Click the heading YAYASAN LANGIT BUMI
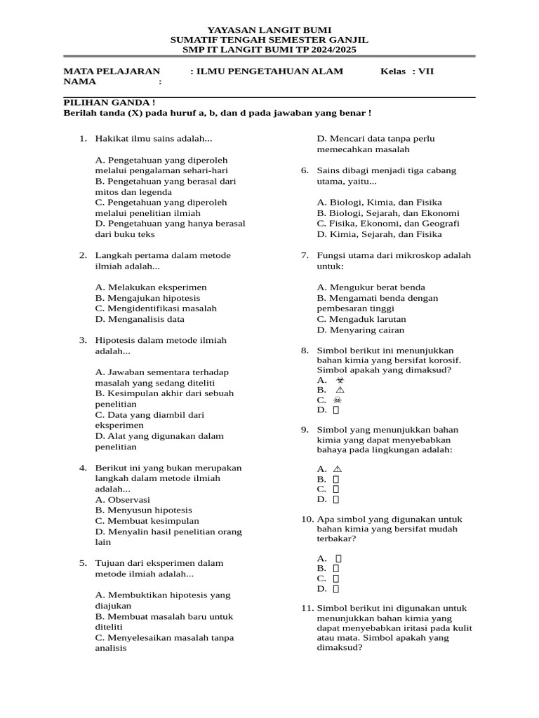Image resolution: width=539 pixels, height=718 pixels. (269, 31)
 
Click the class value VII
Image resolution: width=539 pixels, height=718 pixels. (426, 72)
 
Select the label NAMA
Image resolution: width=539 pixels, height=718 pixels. (79, 82)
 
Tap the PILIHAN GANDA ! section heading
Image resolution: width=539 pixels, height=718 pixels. (109, 102)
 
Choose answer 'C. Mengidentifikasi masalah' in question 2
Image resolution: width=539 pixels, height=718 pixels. (156, 309)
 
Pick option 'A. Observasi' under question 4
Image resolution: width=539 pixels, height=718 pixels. (123, 500)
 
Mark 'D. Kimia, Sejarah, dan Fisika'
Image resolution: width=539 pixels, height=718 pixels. (380, 235)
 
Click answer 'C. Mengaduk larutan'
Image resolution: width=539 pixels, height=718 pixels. (361, 319)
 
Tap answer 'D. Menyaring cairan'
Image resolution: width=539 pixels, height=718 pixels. (361, 330)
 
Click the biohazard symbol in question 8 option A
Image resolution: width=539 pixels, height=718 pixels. (340, 379)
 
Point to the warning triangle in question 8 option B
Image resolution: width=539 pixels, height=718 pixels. (340, 390)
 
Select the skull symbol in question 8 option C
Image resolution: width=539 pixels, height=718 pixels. (338, 400)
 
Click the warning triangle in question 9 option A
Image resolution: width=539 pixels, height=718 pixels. (338, 468)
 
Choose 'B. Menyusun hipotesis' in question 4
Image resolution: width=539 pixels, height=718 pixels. (144, 510)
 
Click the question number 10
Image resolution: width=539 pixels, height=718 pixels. (307, 520)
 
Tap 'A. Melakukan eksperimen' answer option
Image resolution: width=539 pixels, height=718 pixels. (151, 287)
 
